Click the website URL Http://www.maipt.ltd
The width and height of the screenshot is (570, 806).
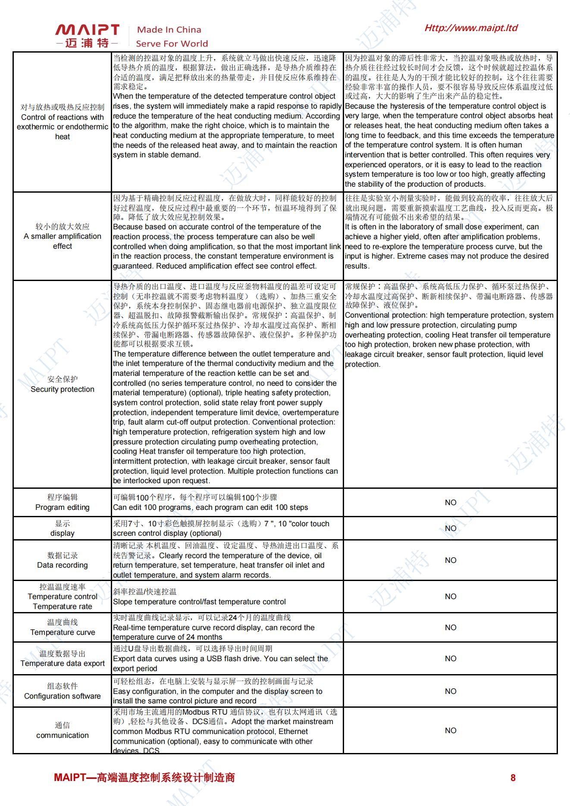point(471,28)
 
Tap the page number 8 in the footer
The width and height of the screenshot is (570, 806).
point(513,778)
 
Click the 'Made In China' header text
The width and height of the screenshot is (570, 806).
point(169,30)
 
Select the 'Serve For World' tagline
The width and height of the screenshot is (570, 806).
point(172,44)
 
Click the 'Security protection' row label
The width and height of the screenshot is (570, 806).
point(63,389)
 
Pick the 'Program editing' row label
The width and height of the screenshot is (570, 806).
point(63,507)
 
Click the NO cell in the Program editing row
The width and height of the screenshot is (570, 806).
point(451,503)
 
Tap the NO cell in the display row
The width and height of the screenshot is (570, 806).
point(451,528)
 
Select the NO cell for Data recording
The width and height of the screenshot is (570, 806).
point(451,560)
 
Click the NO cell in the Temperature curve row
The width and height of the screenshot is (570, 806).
point(451,628)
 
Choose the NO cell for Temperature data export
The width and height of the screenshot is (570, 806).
point(451,659)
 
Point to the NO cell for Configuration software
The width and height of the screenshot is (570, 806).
point(451,691)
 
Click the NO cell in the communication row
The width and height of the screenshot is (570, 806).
point(451,731)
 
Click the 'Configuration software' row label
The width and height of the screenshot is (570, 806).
point(63,696)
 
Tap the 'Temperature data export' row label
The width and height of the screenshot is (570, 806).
point(63,663)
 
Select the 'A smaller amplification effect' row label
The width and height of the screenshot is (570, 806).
point(63,241)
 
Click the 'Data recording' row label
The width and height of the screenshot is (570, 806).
point(63,565)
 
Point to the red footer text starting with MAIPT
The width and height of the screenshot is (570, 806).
point(144,778)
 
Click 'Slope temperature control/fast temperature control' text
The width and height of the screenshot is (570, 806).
point(199,602)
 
